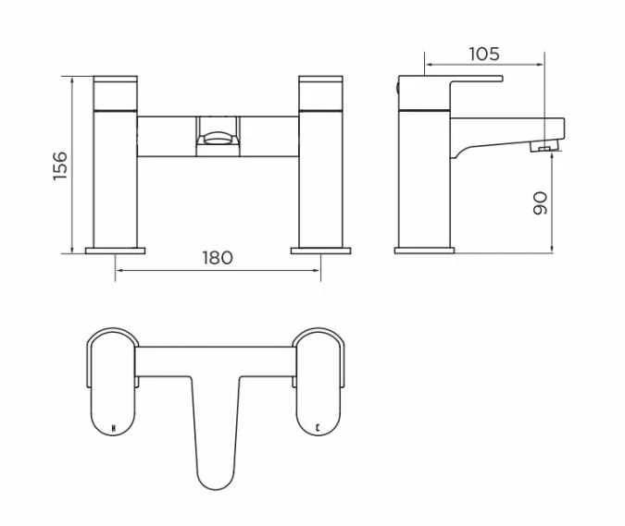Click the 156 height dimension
(x=60, y=165)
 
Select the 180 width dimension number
(x=218, y=258)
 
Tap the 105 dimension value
(x=483, y=54)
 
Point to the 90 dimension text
(x=541, y=202)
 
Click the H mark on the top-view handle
(x=113, y=428)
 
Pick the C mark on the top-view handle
(x=319, y=428)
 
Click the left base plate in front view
(x=116, y=250)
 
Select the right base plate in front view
(x=320, y=250)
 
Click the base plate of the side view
(x=424, y=250)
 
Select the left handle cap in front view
(x=116, y=91)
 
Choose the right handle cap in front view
(x=321, y=91)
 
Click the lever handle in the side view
(x=454, y=80)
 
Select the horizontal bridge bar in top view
(x=218, y=360)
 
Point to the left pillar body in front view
(x=116, y=176)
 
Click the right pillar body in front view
(x=321, y=176)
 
